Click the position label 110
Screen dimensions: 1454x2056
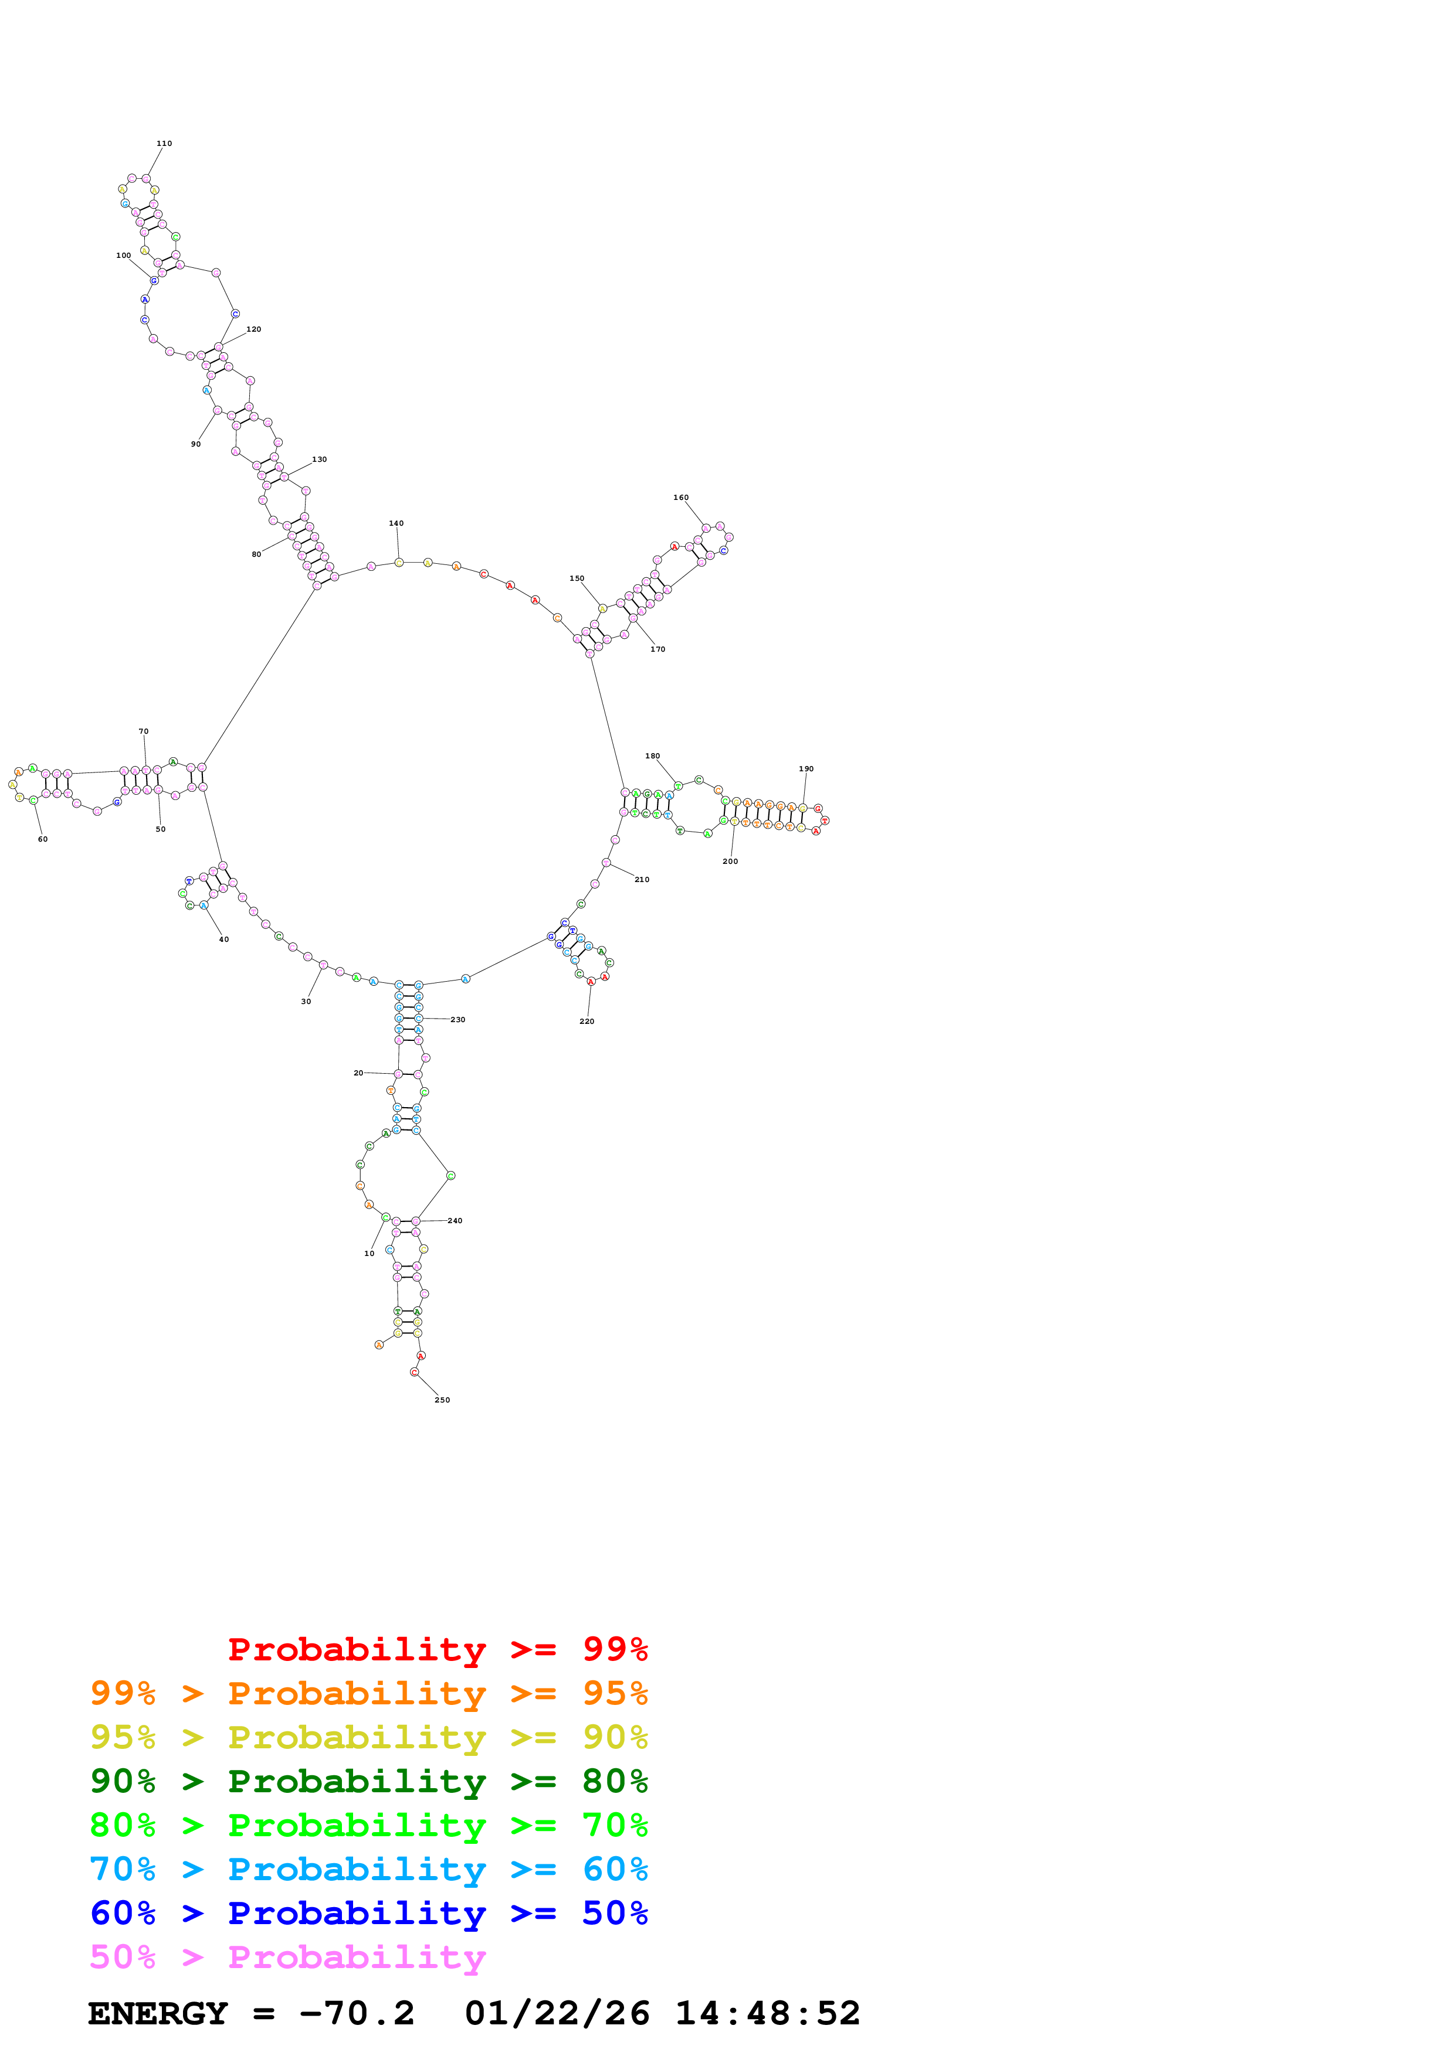point(164,143)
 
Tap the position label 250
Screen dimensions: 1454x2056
point(442,1400)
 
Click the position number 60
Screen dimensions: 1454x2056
point(42,839)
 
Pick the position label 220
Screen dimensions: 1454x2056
point(586,1021)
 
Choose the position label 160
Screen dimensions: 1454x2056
point(681,497)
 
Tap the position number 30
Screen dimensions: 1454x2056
point(306,1001)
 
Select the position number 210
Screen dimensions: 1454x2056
point(642,879)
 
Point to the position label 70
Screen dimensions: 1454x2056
point(143,731)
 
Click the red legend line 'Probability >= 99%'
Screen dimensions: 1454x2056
point(437,1649)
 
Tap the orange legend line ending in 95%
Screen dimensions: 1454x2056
point(368,1693)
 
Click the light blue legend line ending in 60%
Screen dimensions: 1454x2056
point(368,1869)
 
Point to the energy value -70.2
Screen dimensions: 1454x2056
point(357,2013)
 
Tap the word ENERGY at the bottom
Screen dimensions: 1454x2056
point(158,2013)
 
